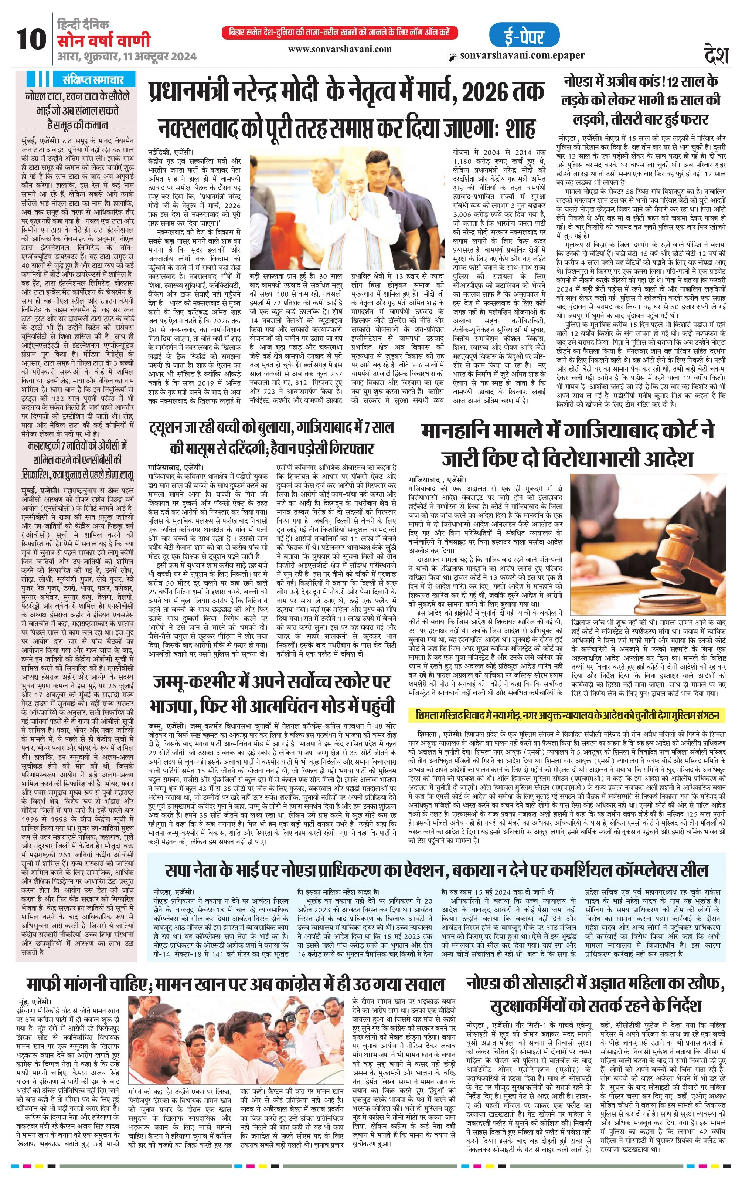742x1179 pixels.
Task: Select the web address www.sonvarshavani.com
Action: [340, 49]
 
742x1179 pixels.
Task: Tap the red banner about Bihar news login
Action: [339, 32]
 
